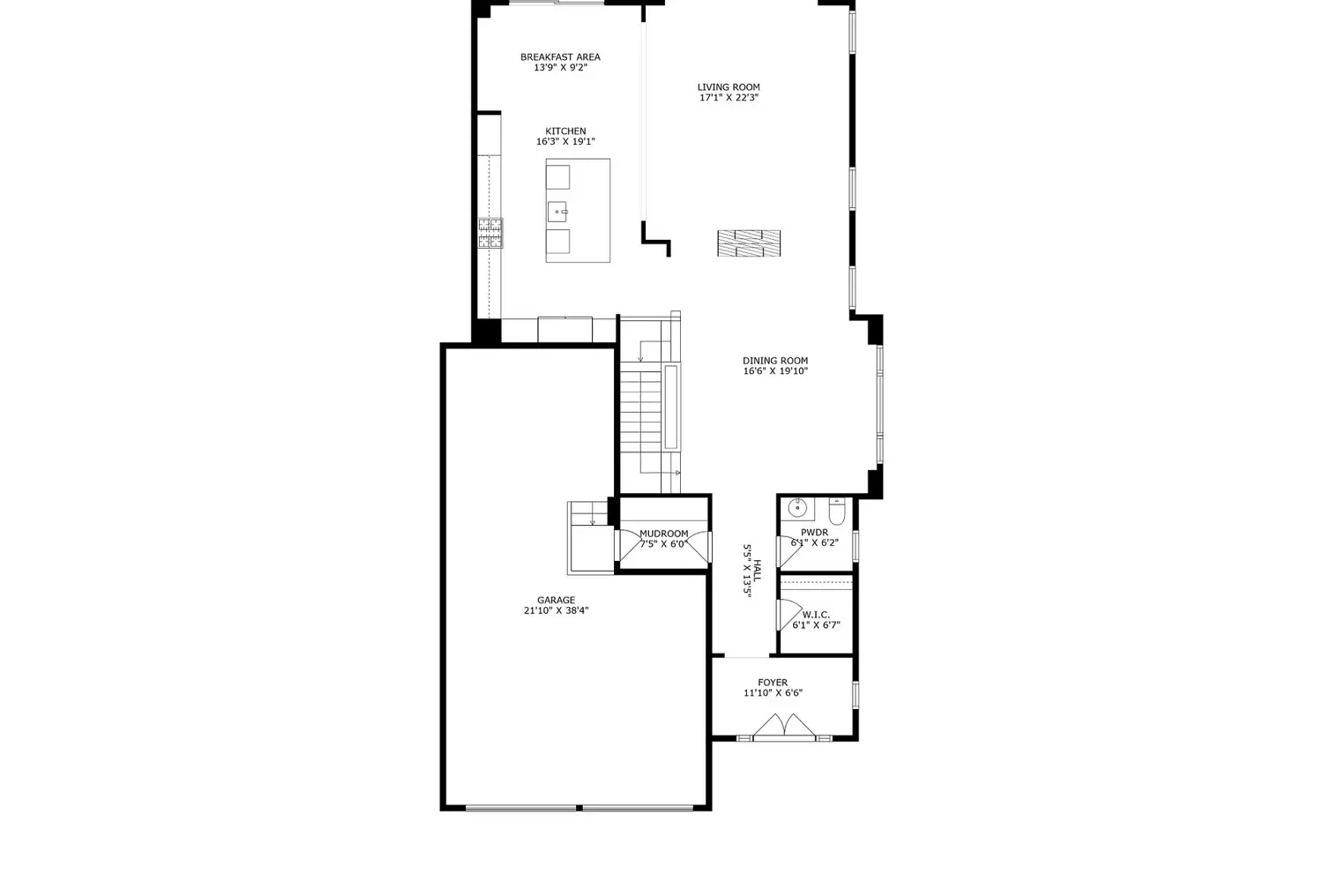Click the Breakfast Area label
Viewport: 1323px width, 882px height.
[560, 57]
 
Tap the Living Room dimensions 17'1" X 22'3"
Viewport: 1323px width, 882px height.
[729, 98]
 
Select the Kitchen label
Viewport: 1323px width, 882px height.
[565, 131]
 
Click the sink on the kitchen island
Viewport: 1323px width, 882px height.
[557, 212]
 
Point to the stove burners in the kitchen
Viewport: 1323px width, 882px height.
[490, 233]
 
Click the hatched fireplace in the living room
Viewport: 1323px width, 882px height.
[749, 243]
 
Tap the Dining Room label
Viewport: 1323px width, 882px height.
[775, 361]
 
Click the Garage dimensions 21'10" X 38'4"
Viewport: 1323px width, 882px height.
[556, 610]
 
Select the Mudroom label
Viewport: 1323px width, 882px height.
[664, 534]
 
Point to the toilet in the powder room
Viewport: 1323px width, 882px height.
[837, 511]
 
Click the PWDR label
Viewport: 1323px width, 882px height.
[814, 532]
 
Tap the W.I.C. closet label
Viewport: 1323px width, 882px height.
[816, 615]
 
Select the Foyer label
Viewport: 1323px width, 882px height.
[773, 683]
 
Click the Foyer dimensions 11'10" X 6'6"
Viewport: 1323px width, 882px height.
[773, 693]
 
